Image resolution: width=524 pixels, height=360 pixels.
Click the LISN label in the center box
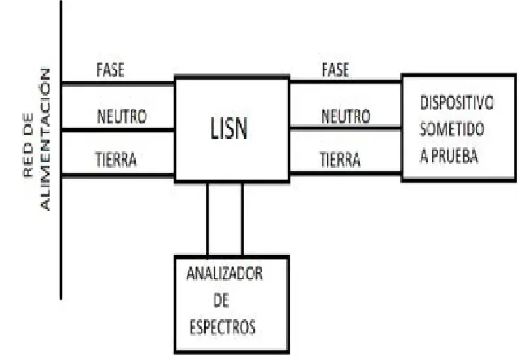click(x=229, y=128)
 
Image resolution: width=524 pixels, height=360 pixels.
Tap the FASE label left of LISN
click(x=110, y=70)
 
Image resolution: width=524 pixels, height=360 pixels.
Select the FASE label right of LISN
click(x=335, y=70)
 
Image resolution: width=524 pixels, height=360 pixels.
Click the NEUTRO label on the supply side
click(x=122, y=117)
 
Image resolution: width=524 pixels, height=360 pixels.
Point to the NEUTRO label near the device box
click(x=346, y=117)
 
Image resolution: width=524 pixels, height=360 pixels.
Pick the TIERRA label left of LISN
click(x=116, y=159)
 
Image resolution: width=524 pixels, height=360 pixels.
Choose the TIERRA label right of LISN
click(x=340, y=159)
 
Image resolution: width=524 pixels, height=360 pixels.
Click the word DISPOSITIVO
click(x=457, y=103)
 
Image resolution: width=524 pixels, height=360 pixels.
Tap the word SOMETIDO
click(x=452, y=129)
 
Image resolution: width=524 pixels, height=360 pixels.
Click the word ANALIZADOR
click(x=225, y=274)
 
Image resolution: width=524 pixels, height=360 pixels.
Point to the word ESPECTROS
click(x=223, y=327)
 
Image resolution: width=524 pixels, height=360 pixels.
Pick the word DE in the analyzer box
click(x=221, y=300)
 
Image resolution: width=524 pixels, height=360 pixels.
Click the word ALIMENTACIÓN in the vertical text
click(x=45, y=139)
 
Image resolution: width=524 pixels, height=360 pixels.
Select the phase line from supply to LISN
click(x=118, y=84)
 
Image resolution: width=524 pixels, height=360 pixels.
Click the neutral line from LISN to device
click(x=346, y=128)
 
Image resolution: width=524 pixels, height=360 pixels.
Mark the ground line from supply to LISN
click(x=118, y=175)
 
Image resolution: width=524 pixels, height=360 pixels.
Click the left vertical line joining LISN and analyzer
click(x=208, y=219)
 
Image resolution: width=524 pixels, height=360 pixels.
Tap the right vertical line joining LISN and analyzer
click(x=242, y=219)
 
